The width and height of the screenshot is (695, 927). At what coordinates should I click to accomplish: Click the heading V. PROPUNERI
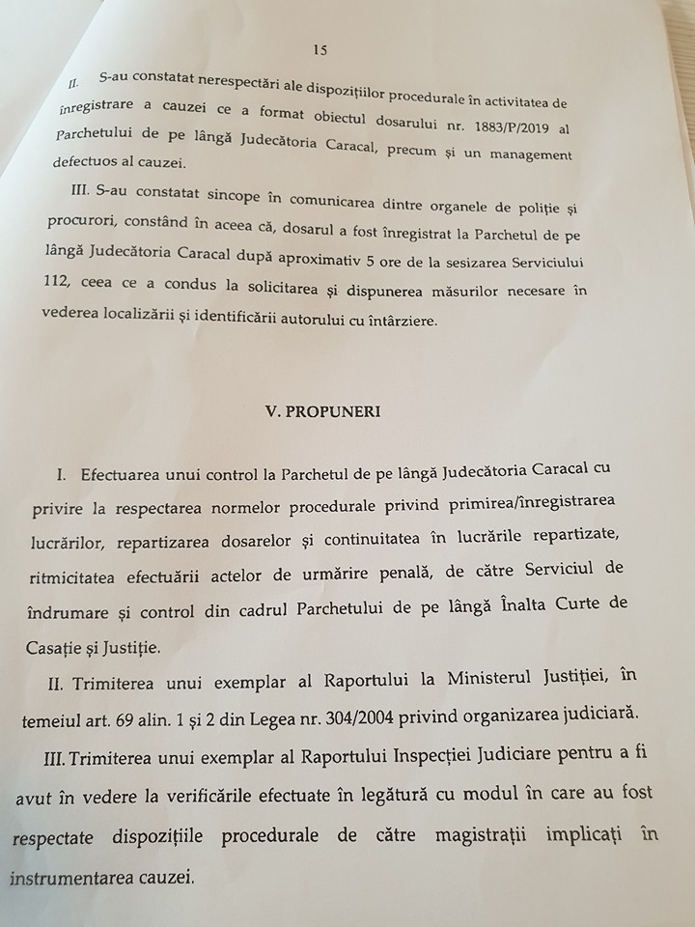tap(322, 410)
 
